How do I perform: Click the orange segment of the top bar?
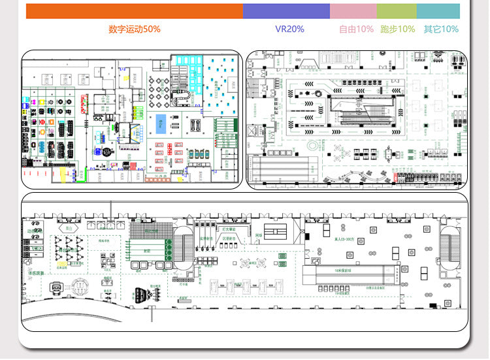point(134,11)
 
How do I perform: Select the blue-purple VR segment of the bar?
point(286,11)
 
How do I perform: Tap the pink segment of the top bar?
point(353,11)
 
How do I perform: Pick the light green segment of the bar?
point(396,11)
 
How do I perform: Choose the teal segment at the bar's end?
point(438,11)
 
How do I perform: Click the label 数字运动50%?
point(135,29)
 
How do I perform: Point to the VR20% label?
point(289,29)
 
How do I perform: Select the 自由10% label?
point(356,29)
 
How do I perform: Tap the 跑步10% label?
point(397,29)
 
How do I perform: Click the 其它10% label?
point(441,29)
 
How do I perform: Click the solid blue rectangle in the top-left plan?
point(161,123)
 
